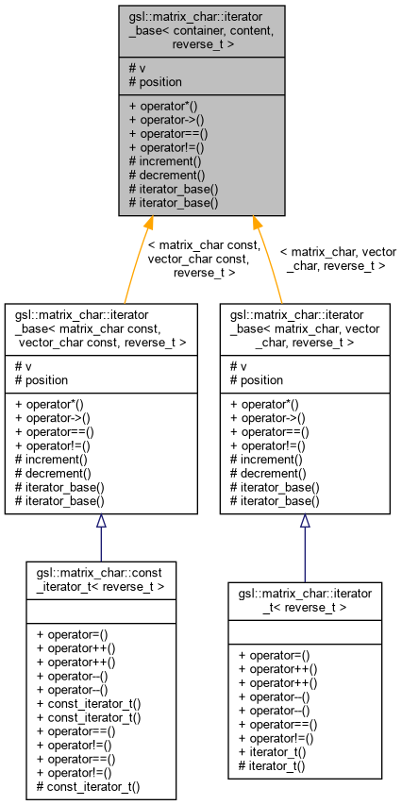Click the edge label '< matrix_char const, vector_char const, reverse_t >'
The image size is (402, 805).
coord(204,259)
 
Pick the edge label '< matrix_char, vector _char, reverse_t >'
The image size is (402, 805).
coord(338,260)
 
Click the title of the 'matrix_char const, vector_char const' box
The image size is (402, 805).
coord(101,327)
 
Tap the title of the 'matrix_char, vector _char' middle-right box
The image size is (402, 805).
coord(305,327)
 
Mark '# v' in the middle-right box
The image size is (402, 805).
coord(238,366)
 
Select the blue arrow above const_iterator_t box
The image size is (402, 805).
coord(101,537)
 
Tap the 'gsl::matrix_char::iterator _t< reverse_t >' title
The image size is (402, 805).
coord(305,598)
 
